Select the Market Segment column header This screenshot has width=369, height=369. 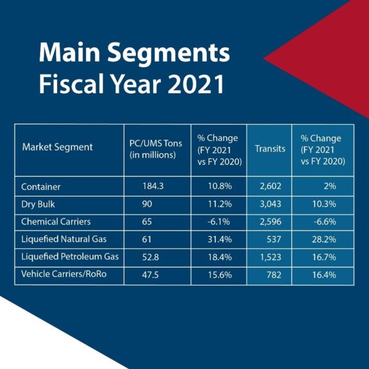point(57,148)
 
